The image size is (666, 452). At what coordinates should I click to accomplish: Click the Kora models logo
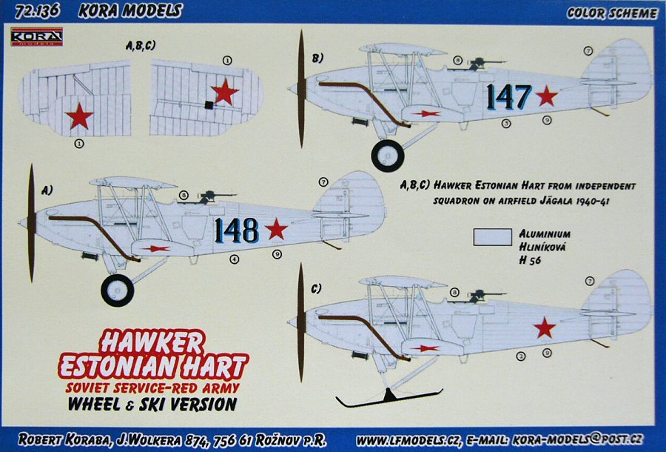[x=36, y=36]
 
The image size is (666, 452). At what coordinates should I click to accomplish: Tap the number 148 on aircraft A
[x=237, y=230]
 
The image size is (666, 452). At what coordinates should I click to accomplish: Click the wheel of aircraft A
[x=118, y=290]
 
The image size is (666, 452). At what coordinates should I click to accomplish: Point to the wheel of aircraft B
[x=388, y=156]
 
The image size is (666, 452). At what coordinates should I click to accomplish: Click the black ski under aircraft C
[x=389, y=398]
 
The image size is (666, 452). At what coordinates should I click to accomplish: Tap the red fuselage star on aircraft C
[x=544, y=328]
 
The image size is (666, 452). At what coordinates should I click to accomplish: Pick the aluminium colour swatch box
[x=493, y=237]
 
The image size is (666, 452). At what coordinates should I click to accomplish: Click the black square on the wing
[x=209, y=104]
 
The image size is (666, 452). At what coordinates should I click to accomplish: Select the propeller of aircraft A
[x=31, y=223]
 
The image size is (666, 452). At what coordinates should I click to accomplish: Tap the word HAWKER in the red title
[x=152, y=342]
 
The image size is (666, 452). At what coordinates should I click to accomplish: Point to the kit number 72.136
[x=36, y=11]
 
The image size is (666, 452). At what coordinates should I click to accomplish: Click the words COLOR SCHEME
[x=612, y=13]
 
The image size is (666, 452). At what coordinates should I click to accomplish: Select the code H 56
[x=530, y=260]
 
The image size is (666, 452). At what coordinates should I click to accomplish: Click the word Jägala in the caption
[x=552, y=200]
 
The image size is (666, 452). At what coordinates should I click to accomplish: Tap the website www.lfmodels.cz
[x=407, y=439]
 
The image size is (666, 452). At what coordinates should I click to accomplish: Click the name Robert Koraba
[x=64, y=439]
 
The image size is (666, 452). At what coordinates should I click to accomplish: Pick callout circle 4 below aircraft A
[x=234, y=259]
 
